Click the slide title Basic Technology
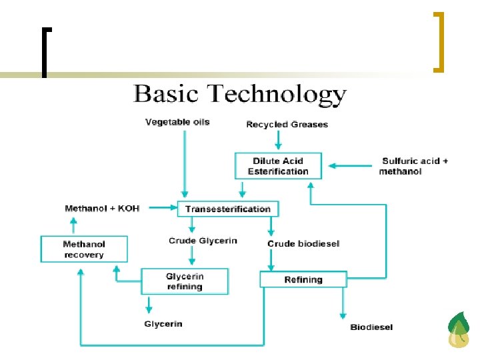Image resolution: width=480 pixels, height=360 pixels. [240, 94]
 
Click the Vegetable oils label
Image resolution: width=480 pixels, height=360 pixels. [177, 122]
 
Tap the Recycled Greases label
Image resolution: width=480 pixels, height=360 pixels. [287, 125]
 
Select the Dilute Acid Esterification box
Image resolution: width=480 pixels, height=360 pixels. [278, 166]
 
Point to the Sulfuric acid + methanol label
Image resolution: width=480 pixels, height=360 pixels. [414, 166]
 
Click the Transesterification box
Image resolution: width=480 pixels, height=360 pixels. [228, 209]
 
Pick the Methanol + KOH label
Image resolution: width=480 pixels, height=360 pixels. [102, 209]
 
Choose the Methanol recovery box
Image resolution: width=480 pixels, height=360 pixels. [84, 249]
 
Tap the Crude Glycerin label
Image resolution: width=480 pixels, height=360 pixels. [203, 241]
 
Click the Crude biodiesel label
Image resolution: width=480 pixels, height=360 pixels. [303, 243]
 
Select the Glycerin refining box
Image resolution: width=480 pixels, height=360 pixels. [185, 281]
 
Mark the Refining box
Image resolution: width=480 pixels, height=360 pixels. [303, 279]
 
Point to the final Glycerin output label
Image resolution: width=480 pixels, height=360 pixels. [163, 324]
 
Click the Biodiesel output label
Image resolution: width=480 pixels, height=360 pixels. [371, 327]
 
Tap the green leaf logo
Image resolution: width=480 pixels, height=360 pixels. [459, 330]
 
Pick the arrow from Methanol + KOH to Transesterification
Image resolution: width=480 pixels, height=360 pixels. [161, 209]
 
